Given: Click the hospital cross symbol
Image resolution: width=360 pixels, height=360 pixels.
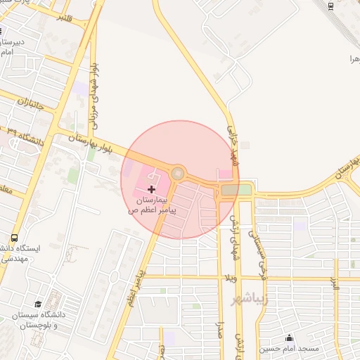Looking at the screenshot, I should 152,188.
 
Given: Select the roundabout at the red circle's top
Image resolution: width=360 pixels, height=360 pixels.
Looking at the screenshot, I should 178,172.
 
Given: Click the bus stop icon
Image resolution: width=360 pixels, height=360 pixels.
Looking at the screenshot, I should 15,238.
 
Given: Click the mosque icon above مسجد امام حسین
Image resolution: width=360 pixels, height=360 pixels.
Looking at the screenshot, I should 289,337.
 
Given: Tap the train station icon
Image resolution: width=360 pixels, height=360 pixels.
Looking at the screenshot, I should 331,5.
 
